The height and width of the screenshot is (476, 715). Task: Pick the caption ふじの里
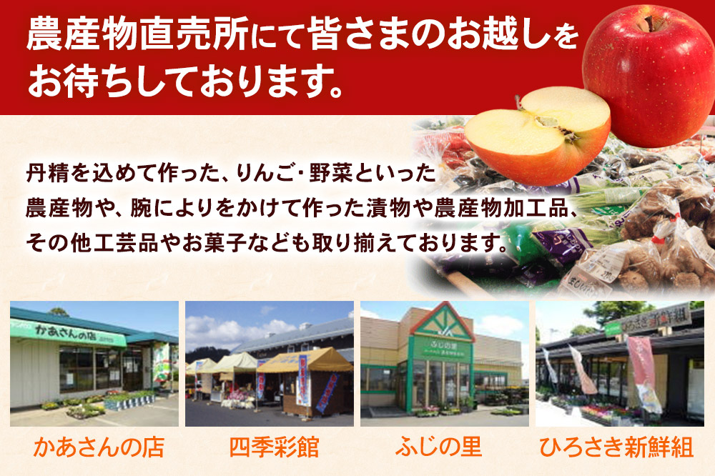444,448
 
